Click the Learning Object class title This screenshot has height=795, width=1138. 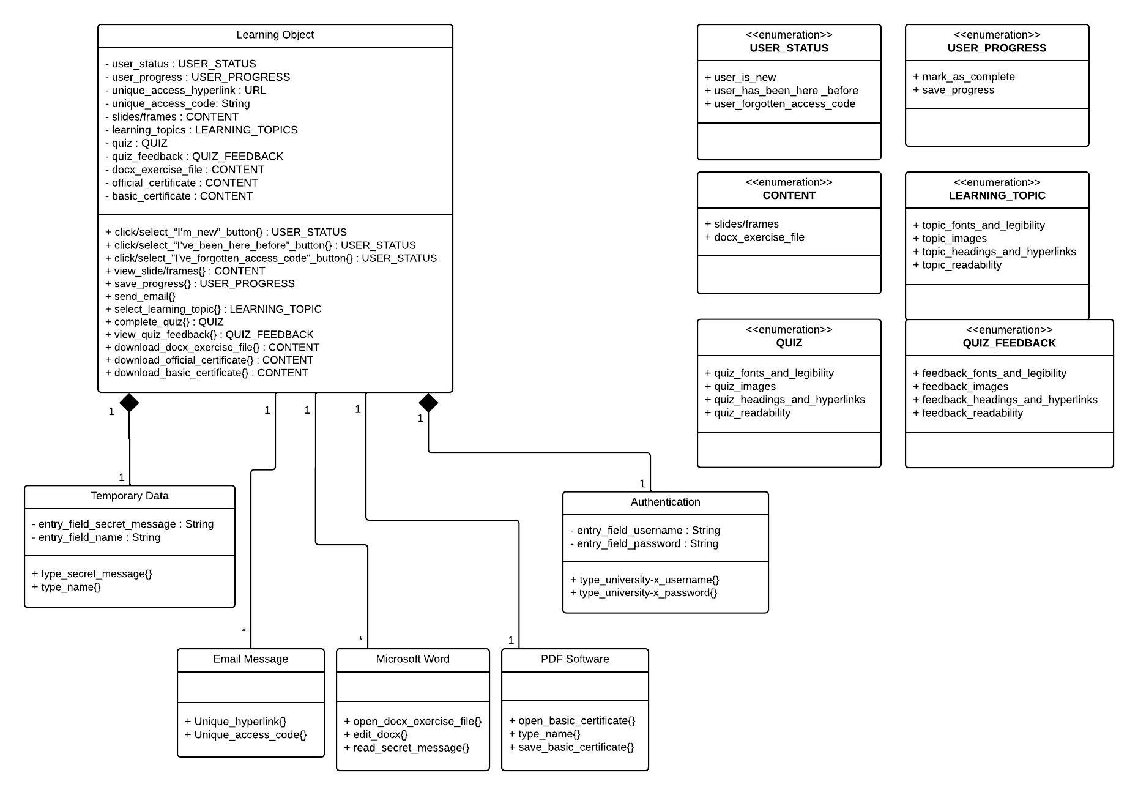(x=275, y=35)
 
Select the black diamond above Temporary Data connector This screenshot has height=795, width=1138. (x=129, y=403)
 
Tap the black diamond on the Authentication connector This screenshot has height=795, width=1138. (x=428, y=403)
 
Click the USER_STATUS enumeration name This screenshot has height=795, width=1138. (x=789, y=48)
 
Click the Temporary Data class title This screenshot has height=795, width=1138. (x=129, y=496)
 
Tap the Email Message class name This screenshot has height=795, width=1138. (x=250, y=659)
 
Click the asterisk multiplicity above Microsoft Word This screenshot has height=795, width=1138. (x=360, y=640)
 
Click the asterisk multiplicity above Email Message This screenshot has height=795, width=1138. (x=244, y=630)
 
